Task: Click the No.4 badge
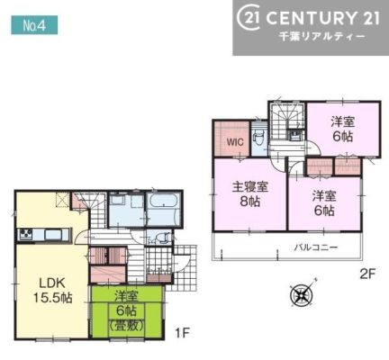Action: click(34, 25)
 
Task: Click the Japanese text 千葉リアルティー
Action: click(322, 37)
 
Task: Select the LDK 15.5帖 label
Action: click(52, 290)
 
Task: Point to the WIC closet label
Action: click(235, 142)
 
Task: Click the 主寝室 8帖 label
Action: click(249, 194)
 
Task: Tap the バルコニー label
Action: click(316, 247)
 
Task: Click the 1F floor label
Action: click(182, 332)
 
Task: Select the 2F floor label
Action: click(367, 274)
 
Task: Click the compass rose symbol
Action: click(302, 294)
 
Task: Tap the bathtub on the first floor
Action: click(164, 209)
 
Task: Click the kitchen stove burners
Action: click(26, 234)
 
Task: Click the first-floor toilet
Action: click(161, 238)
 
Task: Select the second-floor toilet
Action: click(258, 139)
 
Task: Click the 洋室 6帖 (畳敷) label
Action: click(126, 311)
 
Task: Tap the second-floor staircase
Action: click(287, 121)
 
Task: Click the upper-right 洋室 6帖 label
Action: click(342, 129)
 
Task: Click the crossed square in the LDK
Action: click(62, 199)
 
